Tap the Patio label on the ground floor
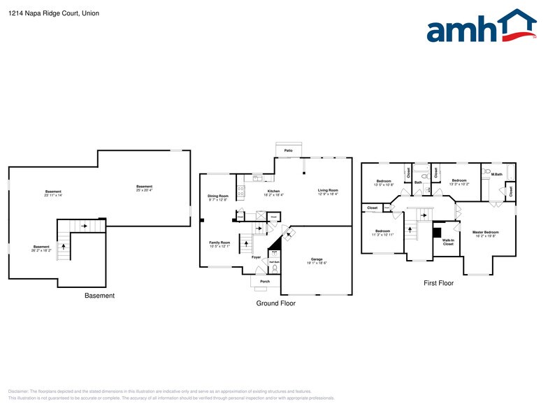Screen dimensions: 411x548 tap(288, 150)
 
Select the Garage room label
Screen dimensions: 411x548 tap(317, 260)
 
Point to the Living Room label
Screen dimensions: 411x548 tap(328, 192)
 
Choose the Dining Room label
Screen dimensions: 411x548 tap(218, 197)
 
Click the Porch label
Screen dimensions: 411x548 tap(265, 282)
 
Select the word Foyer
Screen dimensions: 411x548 tap(257, 257)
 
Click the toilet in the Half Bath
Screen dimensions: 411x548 tap(275, 268)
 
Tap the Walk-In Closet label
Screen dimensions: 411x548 tap(448, 242)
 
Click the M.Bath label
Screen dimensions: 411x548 tap(497, 174)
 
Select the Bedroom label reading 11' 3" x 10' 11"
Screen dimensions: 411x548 tap(382, 232)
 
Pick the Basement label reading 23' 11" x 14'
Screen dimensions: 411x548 tap(53, 193)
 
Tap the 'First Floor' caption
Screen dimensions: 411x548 tap(438, 283)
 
